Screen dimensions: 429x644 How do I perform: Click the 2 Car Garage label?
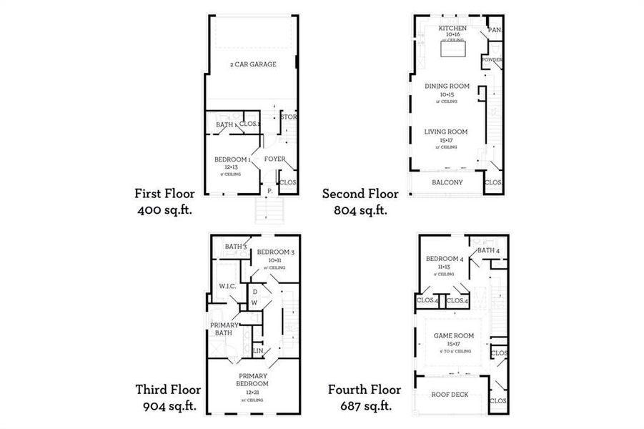tap(253, 64)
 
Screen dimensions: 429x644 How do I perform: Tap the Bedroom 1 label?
tap(232, 159)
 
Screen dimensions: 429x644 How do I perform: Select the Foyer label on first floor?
tap(275, 159)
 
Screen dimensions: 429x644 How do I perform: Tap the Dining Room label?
tap(447, 87)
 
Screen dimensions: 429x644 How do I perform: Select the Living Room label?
tap(446, 132)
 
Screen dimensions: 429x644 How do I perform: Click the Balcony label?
tap(447, 182)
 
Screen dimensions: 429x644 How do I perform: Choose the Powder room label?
tap(492, 60)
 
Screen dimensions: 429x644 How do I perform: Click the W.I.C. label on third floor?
tap(228, 286)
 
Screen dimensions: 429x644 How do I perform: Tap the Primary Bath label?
tap(224, 329)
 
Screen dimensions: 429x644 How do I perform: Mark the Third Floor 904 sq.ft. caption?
tap(168, 398)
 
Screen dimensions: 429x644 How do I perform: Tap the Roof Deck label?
tap(448, 394)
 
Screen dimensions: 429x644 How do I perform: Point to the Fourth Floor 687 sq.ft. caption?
tap(364, 398)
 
